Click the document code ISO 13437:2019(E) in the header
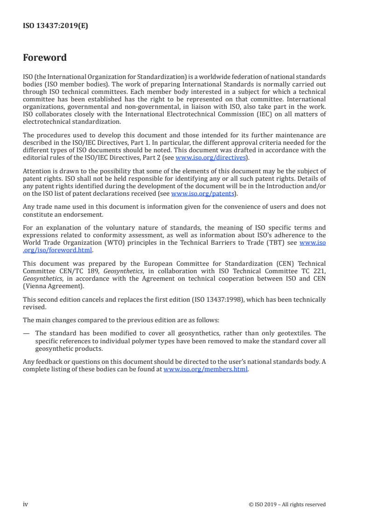coord(55,26)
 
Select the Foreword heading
coord(45,58)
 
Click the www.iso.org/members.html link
coord(205,369)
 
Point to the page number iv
coord(26,504)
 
